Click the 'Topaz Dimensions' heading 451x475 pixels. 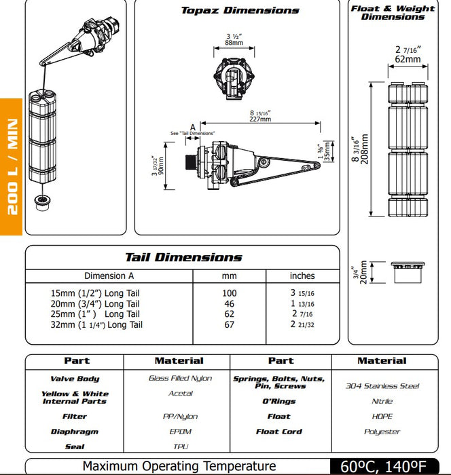click(x=240, y=11)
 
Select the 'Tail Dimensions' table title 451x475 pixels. click(x=183, y=257)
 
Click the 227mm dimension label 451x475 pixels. click(x=259, y=119)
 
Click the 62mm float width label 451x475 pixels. click(x=408, y=59)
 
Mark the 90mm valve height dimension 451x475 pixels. click(x=160, y=164)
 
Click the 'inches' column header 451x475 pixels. click(x=302, y=276)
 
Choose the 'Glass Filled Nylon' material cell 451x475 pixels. click(x=180, y=378)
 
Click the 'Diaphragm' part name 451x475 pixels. click(x=75, y=432)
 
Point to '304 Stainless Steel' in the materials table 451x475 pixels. click(x=382, y=386)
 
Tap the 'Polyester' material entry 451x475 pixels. click(x=382, y=432)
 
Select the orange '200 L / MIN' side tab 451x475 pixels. click(x=12, y=166)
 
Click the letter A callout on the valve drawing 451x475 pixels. click(x=193, y=126)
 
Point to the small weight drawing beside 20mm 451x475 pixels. click(x=408, y=273)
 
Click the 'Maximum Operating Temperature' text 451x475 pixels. click(x=179, y=466)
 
